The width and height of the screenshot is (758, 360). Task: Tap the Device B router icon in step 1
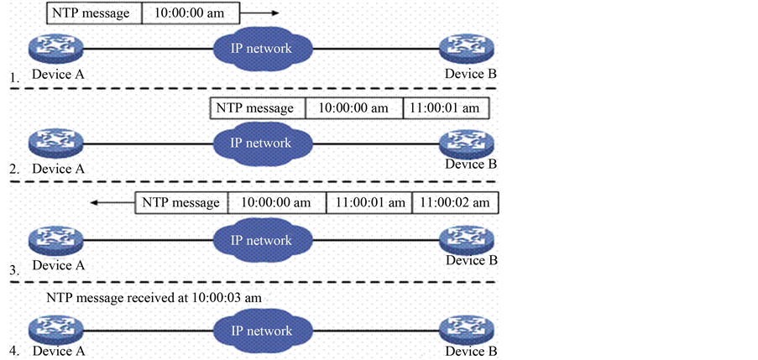pyautogui.click(x=465, y=50)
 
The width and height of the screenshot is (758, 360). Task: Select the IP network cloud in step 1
pyautogui.click(x=261, y=48)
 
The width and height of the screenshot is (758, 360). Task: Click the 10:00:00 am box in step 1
pyautogui.click(x=190, y=13)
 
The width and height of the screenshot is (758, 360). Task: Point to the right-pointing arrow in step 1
pyautogui.click(x=262, y=14)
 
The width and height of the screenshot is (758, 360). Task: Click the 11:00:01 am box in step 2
pyautogui.click(x=445, y=108)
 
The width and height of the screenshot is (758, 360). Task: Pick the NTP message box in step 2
pyautogui.click(x=255, y=108)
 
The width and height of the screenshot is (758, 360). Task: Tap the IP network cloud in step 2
pyautogui.click(x=261, y=143)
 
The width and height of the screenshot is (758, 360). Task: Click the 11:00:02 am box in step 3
pyautogui.click(x=455, y=202)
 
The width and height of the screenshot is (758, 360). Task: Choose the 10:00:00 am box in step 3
pyautogui.click(x=275, y=202)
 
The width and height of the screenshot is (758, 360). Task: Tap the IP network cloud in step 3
pyautogui.click(x=261, y=240)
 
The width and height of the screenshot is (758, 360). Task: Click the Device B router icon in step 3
pyautogui.click(x=465, y=240)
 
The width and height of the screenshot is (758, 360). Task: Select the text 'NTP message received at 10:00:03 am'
pyautogui.click(x=159, y=298)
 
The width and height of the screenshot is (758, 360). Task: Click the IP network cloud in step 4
pyautogui.click(x=261, y=331)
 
